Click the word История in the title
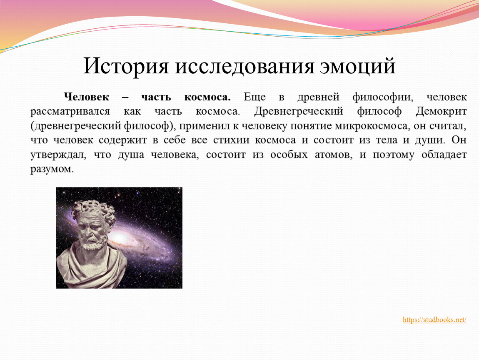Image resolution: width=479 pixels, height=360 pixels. (x=126, y=66)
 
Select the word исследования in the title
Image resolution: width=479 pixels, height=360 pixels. (x=244, y=66)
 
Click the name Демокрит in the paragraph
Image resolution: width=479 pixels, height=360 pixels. (x=441, y=111)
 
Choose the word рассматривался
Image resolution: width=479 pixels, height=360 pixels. (x=70, y=111)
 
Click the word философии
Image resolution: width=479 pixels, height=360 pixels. (x=383, y=97)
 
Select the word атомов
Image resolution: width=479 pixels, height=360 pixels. (x=334, y=155)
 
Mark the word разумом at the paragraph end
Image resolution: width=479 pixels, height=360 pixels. (x=52, y=169)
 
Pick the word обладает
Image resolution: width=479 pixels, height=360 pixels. (x=444, y=155)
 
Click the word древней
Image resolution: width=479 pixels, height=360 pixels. (x=318, y=97)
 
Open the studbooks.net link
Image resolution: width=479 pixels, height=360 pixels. (x=434, y=320)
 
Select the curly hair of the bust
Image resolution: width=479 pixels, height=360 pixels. (x=93, y=211)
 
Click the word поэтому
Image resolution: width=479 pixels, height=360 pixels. (x=394, y=155)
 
